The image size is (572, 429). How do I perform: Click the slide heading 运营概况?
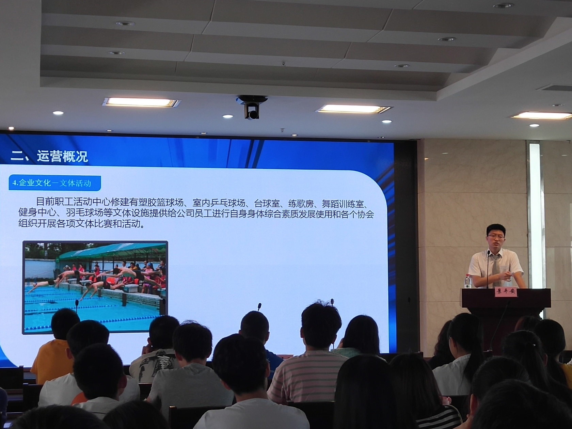62,156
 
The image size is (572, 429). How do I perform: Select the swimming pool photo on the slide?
95,287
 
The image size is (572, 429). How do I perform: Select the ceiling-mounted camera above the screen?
252,107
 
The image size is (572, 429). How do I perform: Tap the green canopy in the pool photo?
109,251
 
